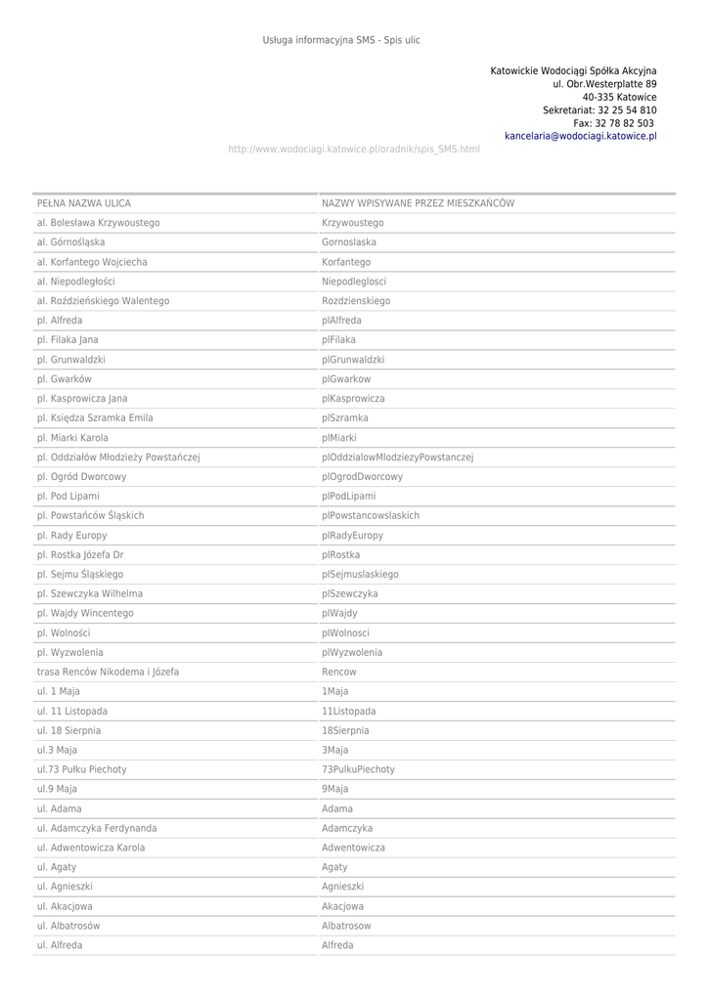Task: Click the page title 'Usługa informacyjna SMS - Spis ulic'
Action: click(341, 40)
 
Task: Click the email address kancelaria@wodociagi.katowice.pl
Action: click(580, 137)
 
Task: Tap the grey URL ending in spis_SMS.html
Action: click(353, 150)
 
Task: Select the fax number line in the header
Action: click(614, 124)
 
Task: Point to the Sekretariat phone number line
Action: click(599, 110)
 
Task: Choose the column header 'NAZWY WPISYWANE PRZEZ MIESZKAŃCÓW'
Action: click(418, 203)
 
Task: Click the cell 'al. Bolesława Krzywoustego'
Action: click(98, 223)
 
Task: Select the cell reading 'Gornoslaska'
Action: click(349, 242)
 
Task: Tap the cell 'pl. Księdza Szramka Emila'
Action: click(95, 418)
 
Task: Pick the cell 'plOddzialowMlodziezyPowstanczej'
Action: click(397, 457)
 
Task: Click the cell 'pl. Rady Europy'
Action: click(71, 536)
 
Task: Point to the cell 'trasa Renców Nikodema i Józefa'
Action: click(108, 673)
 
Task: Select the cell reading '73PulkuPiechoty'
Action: click(358, 770)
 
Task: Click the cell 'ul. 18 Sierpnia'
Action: click(68, 731)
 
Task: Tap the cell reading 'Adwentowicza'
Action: click(353, 849)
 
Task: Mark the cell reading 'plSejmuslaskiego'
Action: click(360, 575)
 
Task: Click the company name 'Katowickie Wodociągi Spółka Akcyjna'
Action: click(573, 71)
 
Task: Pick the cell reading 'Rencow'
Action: click(339, 673)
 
